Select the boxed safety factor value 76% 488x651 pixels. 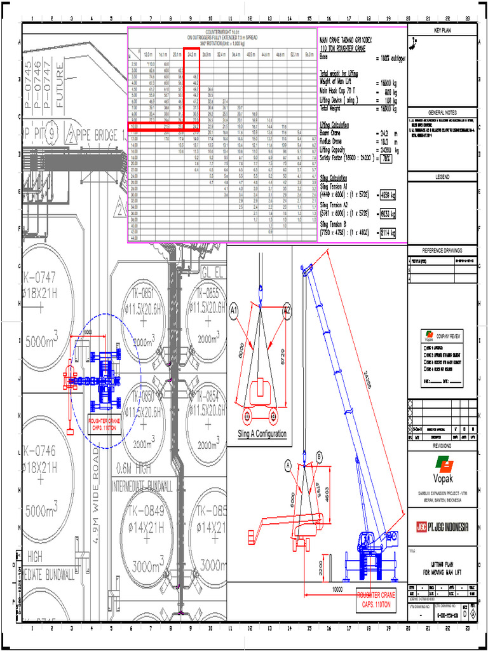pos(385,158)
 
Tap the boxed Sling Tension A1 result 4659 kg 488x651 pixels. pos(386,196)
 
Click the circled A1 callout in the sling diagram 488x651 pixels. pos(234,311)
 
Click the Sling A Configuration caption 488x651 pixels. pos(262,434)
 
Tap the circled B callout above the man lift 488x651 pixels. pos(319,456)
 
